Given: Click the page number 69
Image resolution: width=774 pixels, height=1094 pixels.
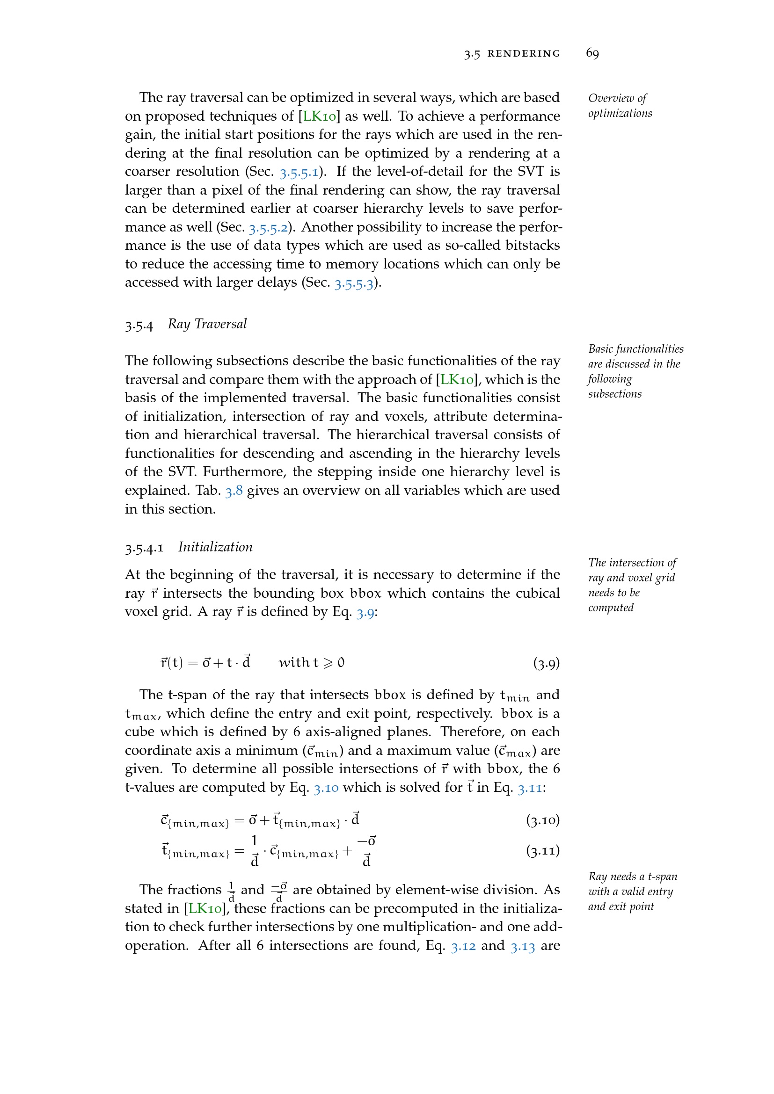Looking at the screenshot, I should pyautogui.click(x=592, y=53).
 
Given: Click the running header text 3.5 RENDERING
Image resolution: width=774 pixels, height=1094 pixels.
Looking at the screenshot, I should pyautogui.click(x=512, y=53).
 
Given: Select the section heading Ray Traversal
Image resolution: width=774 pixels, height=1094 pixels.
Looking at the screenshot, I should pyautogui.click(x=207, y=324).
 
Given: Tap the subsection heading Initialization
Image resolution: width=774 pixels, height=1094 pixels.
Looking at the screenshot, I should pyautogui.click(x=215, y=547).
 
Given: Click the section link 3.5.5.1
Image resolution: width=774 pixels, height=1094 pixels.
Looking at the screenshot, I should pyautogui.click(x=299, y=172).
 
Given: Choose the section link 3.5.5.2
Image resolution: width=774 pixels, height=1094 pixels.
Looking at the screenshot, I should pyautogui.click(x=268, y=228).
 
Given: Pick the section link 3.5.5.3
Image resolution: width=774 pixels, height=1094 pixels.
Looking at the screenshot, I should pyautogui.click(x=354, y=283).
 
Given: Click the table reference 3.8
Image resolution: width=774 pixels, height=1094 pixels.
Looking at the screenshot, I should pyautogui.click(x=234, y=491).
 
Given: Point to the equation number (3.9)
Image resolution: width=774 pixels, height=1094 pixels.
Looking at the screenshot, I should pyautogui.click(x=546, y=663).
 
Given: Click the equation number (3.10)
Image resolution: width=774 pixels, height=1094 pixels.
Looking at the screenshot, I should pyautogui.click(x=543, y=820).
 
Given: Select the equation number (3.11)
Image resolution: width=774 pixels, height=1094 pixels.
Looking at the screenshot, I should pyautogui.click(x=543, y=850).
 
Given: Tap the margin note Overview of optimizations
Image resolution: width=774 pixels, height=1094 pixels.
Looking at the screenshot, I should pyautogui.click(x=620, y=106).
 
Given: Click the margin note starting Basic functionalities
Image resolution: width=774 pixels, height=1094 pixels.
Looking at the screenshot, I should pyautogui.click(x=635, y=371).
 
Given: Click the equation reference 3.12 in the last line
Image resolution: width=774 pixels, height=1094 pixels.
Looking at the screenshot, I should pyautogui.click(x=463, y=946).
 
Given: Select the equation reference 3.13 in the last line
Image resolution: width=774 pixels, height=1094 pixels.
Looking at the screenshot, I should pyautogui.click(x=522, y=946).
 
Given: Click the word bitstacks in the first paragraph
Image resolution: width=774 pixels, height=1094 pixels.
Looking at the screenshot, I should pyautogui.click(x=533, y=246).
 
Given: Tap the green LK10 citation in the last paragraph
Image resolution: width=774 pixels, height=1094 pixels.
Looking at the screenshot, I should pyautogui.click(x=205, y=909).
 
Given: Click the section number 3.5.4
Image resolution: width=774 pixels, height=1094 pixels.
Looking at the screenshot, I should pyautogui.click(x=139, y=326).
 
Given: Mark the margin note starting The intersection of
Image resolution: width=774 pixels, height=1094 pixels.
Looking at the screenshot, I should pyautogui.click(x=632, y=585).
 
